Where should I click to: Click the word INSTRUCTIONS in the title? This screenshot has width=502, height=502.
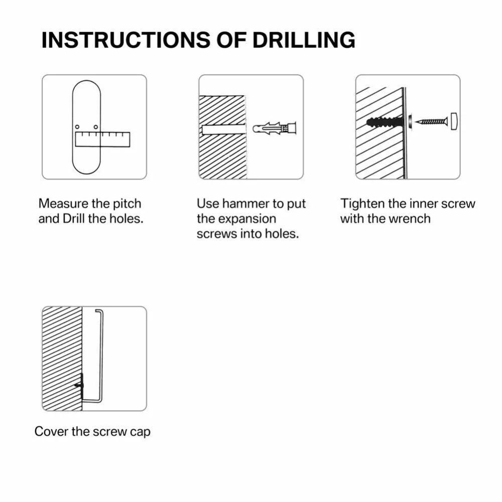coord(126,40)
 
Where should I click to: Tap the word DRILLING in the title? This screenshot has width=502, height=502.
coord(304,40)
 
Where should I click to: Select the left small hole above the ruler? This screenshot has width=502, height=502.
coord(77,127)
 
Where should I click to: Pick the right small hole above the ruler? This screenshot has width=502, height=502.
coord(96,127)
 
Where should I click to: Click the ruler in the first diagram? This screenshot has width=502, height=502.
coord(102,140)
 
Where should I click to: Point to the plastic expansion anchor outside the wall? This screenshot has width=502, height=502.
coord(275,129)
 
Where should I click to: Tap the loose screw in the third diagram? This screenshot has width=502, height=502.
coord(431,121)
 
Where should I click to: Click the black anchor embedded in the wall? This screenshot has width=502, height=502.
coord(384,122)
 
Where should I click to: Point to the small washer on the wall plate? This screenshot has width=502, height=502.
coord(410,121)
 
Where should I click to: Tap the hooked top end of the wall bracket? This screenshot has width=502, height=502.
coord(99,310)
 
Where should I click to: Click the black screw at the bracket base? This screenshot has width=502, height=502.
coord(79,385)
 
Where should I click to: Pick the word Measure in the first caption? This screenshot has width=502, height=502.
coord(63,204)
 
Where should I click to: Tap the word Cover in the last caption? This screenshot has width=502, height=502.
coord(51,431)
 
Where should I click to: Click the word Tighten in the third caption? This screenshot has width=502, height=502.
coord(362,204)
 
